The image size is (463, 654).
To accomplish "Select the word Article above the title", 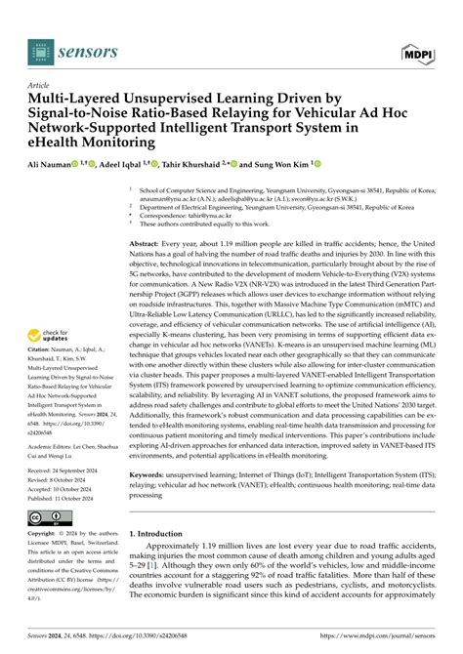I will pos(38,85).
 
